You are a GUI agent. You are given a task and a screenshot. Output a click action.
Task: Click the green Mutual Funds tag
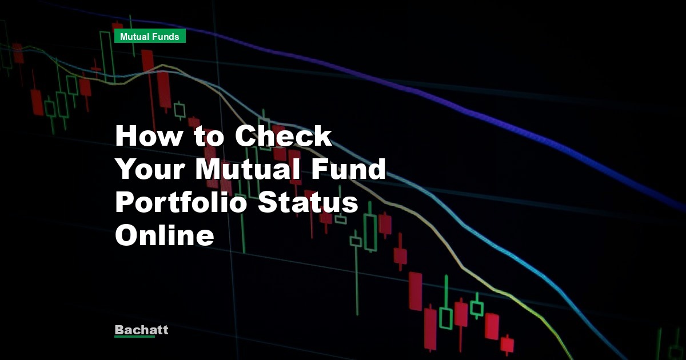[x=150, y=37]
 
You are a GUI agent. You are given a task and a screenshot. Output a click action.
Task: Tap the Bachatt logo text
[x=141, y=330]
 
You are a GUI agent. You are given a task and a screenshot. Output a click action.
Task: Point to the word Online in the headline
[x=165, y=236]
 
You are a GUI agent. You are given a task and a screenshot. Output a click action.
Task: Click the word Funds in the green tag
[x=166, y=37]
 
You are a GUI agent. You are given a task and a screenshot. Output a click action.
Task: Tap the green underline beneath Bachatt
[x=134, y=337]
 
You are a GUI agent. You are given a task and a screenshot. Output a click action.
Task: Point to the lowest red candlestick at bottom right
[x=506, y=345]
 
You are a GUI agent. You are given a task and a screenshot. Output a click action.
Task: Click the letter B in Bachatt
[x=119, y=330]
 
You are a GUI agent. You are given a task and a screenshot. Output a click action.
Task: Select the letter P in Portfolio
[x=125, y=203]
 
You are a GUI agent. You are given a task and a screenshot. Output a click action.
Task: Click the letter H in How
[x=126, y=137]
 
